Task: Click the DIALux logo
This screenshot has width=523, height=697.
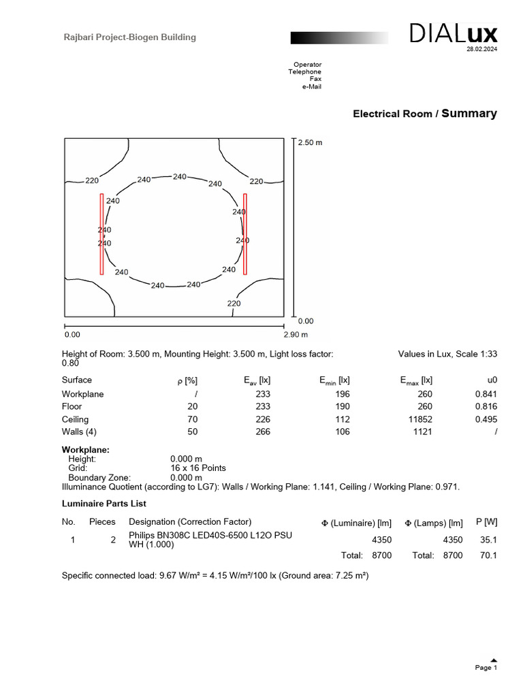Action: (x=453, y=34)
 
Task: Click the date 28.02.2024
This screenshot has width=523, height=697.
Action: (x=481, y=50)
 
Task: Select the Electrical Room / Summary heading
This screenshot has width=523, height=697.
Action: (x=424, y=114)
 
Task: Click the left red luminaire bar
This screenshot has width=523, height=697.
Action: (x=101, y=233)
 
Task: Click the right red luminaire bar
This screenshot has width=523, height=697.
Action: (x=244, y=233)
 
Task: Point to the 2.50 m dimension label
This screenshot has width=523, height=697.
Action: (x=310, y=143)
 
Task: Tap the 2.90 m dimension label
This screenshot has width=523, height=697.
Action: (x=296, y=335)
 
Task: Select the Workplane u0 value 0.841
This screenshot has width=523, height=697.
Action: (x=486, y=394)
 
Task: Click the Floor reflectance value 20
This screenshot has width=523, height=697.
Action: (x=193, y=407)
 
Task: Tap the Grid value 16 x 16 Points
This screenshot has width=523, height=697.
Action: (x=197, y=468)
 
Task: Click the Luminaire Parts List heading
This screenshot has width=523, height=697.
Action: (x=104, y=504)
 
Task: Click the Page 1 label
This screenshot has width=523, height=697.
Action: (x=486, y=668)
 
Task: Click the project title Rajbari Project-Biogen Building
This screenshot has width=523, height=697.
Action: (x=129, y=37)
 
